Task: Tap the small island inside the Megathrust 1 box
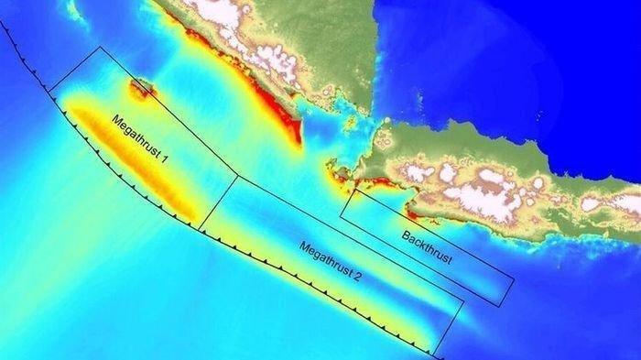point(141,88)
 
